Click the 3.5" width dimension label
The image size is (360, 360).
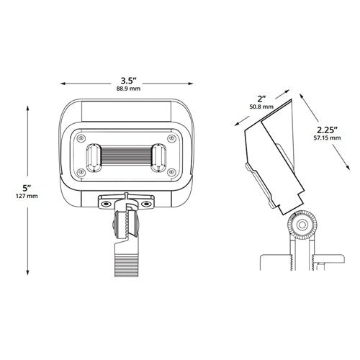[x=129, y=81]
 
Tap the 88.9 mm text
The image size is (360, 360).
[x=128, y=89]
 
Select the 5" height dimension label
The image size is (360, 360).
[x=27, y=188]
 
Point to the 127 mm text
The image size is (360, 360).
[x=27, y=196]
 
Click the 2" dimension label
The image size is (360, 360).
[x=261, y=99]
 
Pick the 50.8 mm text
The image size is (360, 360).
[x=261, y=107]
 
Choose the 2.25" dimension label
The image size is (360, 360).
[x=328, y=130]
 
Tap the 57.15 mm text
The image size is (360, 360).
[x=327, y=138]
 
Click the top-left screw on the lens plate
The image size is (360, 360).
[x=81, y=138]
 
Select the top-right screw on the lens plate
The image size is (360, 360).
[x=171, y=138]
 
